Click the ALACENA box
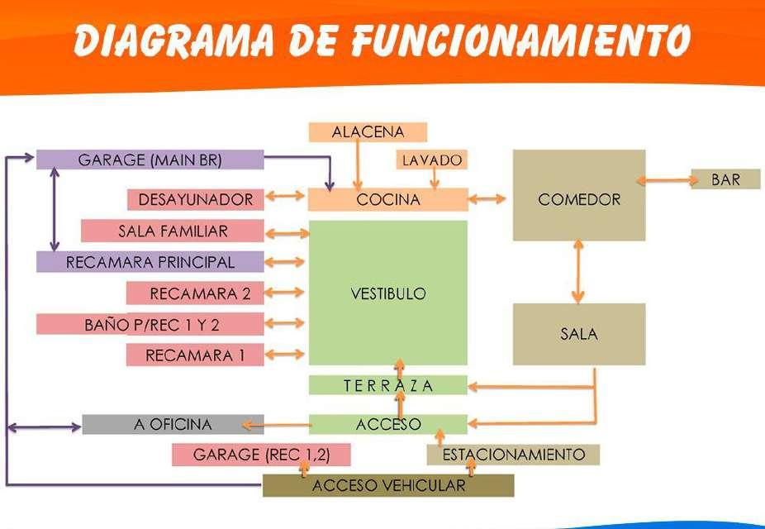click(x=368, y=132)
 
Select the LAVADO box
click(x=432, y=160)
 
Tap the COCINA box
click(x=387, y=199)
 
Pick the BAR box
click(x=725, y=179)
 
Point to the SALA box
click(x=578, y=334)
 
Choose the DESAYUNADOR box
click(x=195, y=199)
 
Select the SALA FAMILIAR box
click(x=172, y=231)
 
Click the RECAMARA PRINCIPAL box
click(x=150, y=262)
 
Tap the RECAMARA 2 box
click(x=195, y=293)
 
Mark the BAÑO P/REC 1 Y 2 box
click(x=150, y=324)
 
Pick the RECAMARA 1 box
click(x=195, y=355)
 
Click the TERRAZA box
click(x=387, y=385)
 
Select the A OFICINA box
click(x=173, y=424)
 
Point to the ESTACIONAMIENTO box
click(x=513, y=455)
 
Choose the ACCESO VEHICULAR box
click(x=387, y=485)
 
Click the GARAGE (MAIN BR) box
click(x=150, y=160)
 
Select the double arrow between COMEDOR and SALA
click(x=578, y=272)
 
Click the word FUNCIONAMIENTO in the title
click(x=520, y=40)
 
